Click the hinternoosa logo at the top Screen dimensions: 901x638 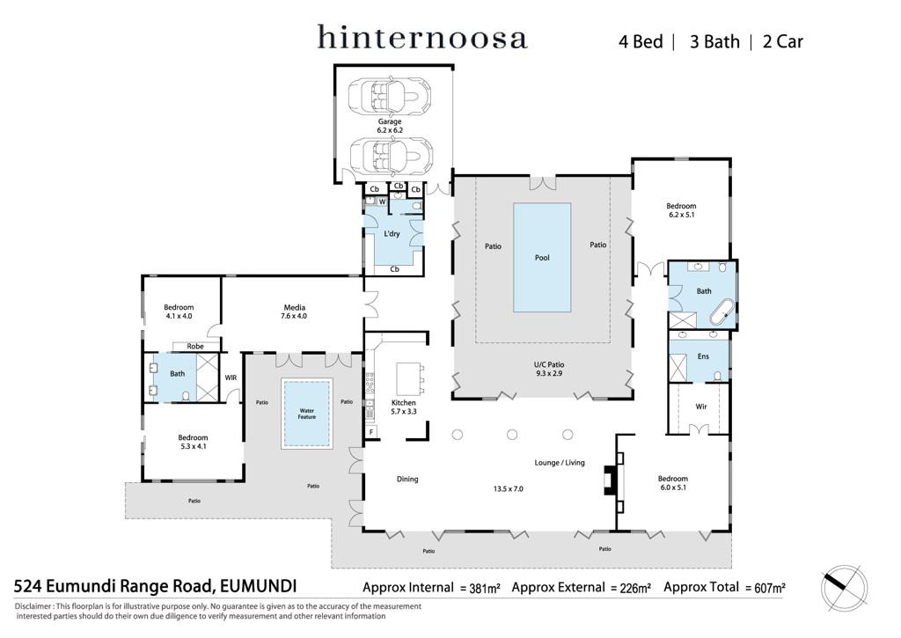421,37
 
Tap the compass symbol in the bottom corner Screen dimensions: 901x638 844,588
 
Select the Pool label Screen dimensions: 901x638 542,258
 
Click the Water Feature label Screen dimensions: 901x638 307,414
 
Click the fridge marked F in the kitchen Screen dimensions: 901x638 372,432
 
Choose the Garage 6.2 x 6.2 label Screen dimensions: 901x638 390,126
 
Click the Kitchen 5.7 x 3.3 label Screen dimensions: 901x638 403,407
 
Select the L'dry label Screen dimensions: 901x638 392,233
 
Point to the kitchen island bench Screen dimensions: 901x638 410,377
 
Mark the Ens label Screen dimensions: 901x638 703,356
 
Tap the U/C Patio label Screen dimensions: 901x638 549,369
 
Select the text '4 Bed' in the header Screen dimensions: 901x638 641,41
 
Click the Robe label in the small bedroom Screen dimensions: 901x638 195,346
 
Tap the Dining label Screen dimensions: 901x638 407,479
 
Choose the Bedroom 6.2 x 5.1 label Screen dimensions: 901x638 681,209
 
